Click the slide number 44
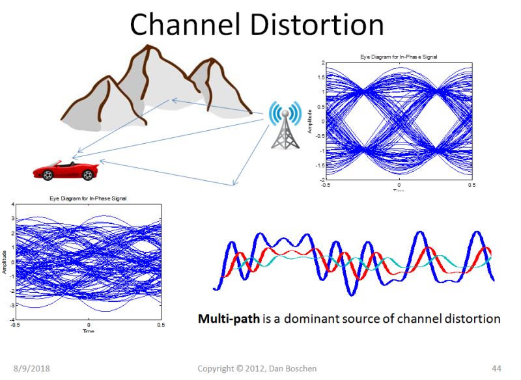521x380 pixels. pyautogui.click(x=497, y=368)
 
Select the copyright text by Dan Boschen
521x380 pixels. pyautogui.click(x=257, y=368)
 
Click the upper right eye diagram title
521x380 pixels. pyautogui.click(x=398, y=57)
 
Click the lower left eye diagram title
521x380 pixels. pyautogui.click(x=88, y=197)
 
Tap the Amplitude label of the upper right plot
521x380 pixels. pyautogui.click(x=311, y=121)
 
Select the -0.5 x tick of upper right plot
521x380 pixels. pyautogui.click(x=326, y=185)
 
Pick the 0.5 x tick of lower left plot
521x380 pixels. pyautogui.click(x=160, y=324)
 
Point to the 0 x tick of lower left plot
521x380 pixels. pyautogui.click(x=89, y=324)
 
